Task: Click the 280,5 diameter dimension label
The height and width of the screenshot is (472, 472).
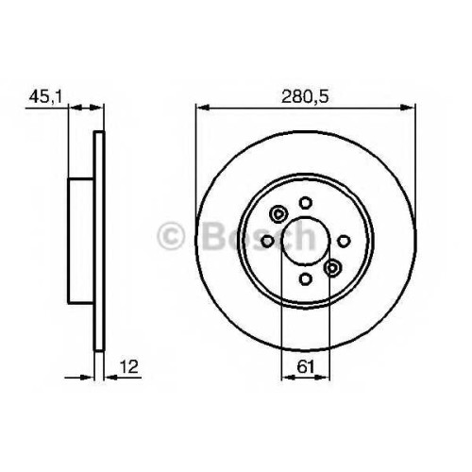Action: click(x=305, y=97)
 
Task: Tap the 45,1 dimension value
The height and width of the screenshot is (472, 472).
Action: click(x=46, y=96)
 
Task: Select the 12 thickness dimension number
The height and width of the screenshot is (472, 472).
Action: click(x=128, y=366)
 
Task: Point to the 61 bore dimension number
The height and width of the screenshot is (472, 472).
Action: click(x=306, y=366)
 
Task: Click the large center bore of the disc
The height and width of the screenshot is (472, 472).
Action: click(x=306, y=241)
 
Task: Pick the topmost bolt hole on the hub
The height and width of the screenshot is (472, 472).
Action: click(x=305, y=203)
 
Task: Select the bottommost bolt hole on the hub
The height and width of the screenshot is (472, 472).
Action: click(x=305, y=279)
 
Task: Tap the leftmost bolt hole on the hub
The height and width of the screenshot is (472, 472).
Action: click(x=267, y=242)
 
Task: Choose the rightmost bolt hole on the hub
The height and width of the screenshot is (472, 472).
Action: click(x=344, y=242)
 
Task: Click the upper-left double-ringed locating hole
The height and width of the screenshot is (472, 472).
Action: click(x=278, y=214)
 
